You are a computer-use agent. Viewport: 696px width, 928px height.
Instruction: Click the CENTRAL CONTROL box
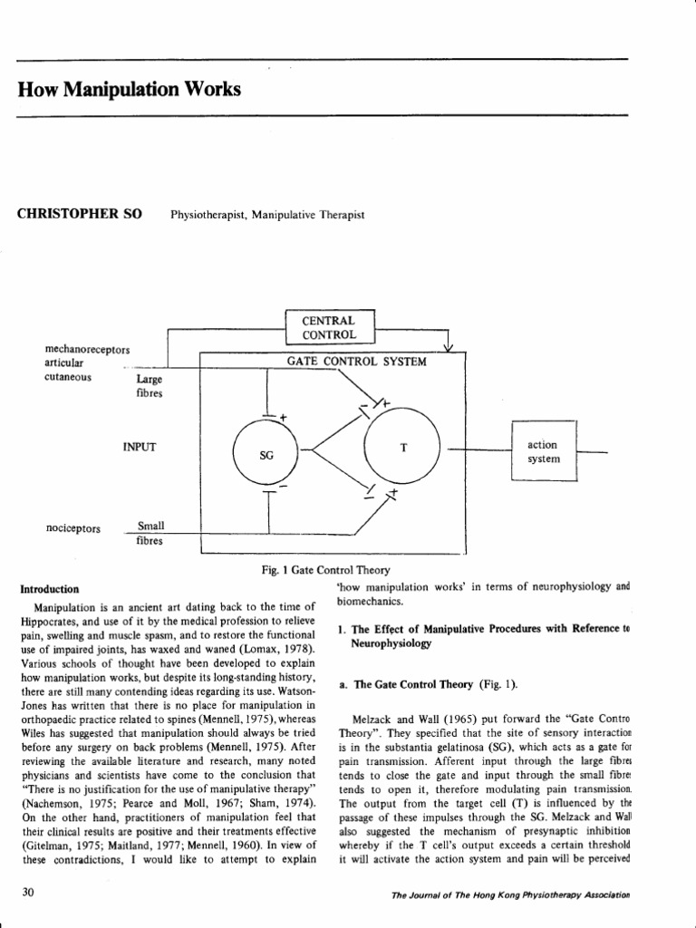(329, 327)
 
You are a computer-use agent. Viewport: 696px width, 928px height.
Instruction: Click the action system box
(543, 451)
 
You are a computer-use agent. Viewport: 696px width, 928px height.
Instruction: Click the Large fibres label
(150, 387)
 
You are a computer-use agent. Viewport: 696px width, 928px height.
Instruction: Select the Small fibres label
(150, 533)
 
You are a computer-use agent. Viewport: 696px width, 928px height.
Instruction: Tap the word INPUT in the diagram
(140, 446)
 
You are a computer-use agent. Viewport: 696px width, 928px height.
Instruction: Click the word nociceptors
(72, 528)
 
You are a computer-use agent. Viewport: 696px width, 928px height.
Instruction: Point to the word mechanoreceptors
(87, 349)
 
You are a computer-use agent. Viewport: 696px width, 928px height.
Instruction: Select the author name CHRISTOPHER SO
(79, 214)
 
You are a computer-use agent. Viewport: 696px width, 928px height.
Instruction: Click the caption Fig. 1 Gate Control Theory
(325, 570)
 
